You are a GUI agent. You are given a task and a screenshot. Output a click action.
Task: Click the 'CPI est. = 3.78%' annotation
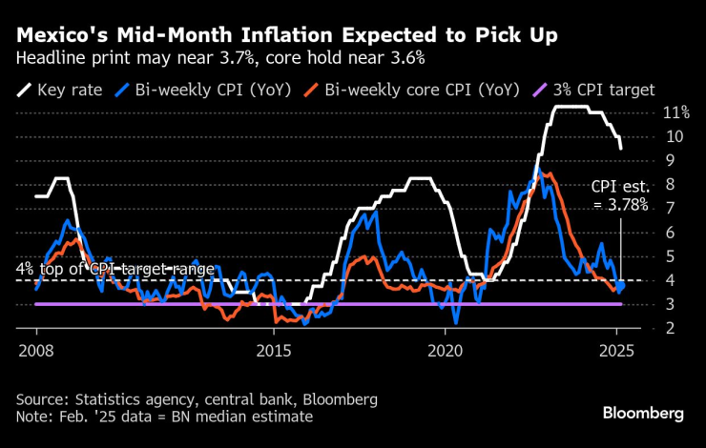pyautogui.click(x=620, y=195)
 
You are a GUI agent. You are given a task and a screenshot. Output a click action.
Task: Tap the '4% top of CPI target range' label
pyautogui.click(x=114, y=270)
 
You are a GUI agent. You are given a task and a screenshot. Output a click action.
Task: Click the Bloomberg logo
pyautogui.click(x=643, y=413)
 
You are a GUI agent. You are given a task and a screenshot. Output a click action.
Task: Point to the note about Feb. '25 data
pyautogui.click(x=163, y=416)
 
